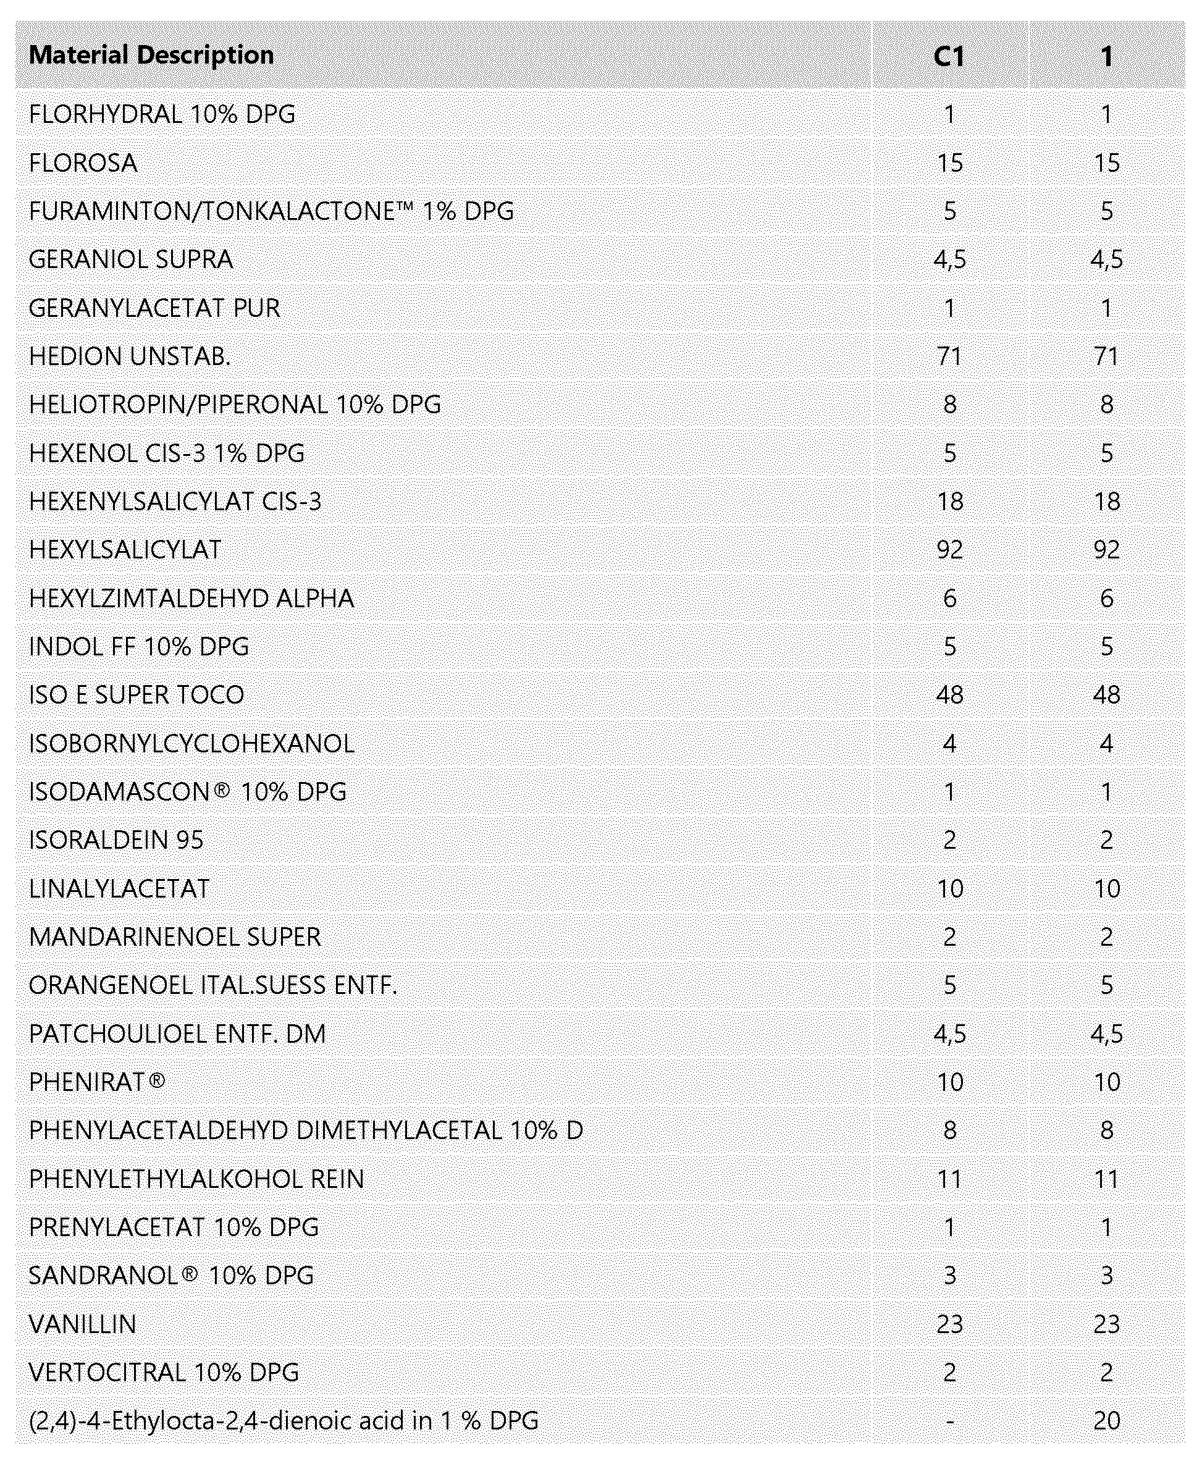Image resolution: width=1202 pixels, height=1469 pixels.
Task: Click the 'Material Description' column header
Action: click(151, 56)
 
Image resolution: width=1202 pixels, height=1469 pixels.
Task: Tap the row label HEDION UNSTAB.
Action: click(130, 356)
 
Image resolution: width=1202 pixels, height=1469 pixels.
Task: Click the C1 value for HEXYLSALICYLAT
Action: click(949, 550)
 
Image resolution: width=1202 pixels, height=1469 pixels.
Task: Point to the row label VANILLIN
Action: click(82, 1324)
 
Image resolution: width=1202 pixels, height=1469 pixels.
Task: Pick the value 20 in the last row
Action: click(1106, 1421)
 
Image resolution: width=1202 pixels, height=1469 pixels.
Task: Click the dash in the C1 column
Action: click(949, 1421)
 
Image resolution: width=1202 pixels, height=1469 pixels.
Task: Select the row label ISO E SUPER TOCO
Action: click(137, 696)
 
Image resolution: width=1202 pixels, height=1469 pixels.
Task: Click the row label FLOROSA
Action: click(83, 164)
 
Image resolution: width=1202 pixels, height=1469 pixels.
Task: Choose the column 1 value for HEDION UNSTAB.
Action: click(1106, 356)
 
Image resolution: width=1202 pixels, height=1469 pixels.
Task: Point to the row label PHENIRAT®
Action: click(97, 1082)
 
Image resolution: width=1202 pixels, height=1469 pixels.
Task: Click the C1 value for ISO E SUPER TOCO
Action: click(949, 696)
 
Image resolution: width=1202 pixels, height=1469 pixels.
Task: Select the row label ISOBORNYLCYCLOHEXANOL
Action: click(191, 744)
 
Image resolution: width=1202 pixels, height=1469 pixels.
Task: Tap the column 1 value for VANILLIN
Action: click(1106, 1324)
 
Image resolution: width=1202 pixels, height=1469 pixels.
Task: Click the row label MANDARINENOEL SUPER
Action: click(174, 937)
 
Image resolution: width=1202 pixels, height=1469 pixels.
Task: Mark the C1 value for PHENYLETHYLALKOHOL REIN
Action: click(949, 1179)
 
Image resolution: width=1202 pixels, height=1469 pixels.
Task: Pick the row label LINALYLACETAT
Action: click(119, 888)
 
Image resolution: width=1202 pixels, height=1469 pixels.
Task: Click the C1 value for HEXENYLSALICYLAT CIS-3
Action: click(949, 502)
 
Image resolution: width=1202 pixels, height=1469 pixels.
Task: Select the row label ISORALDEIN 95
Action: click(116, 840)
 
